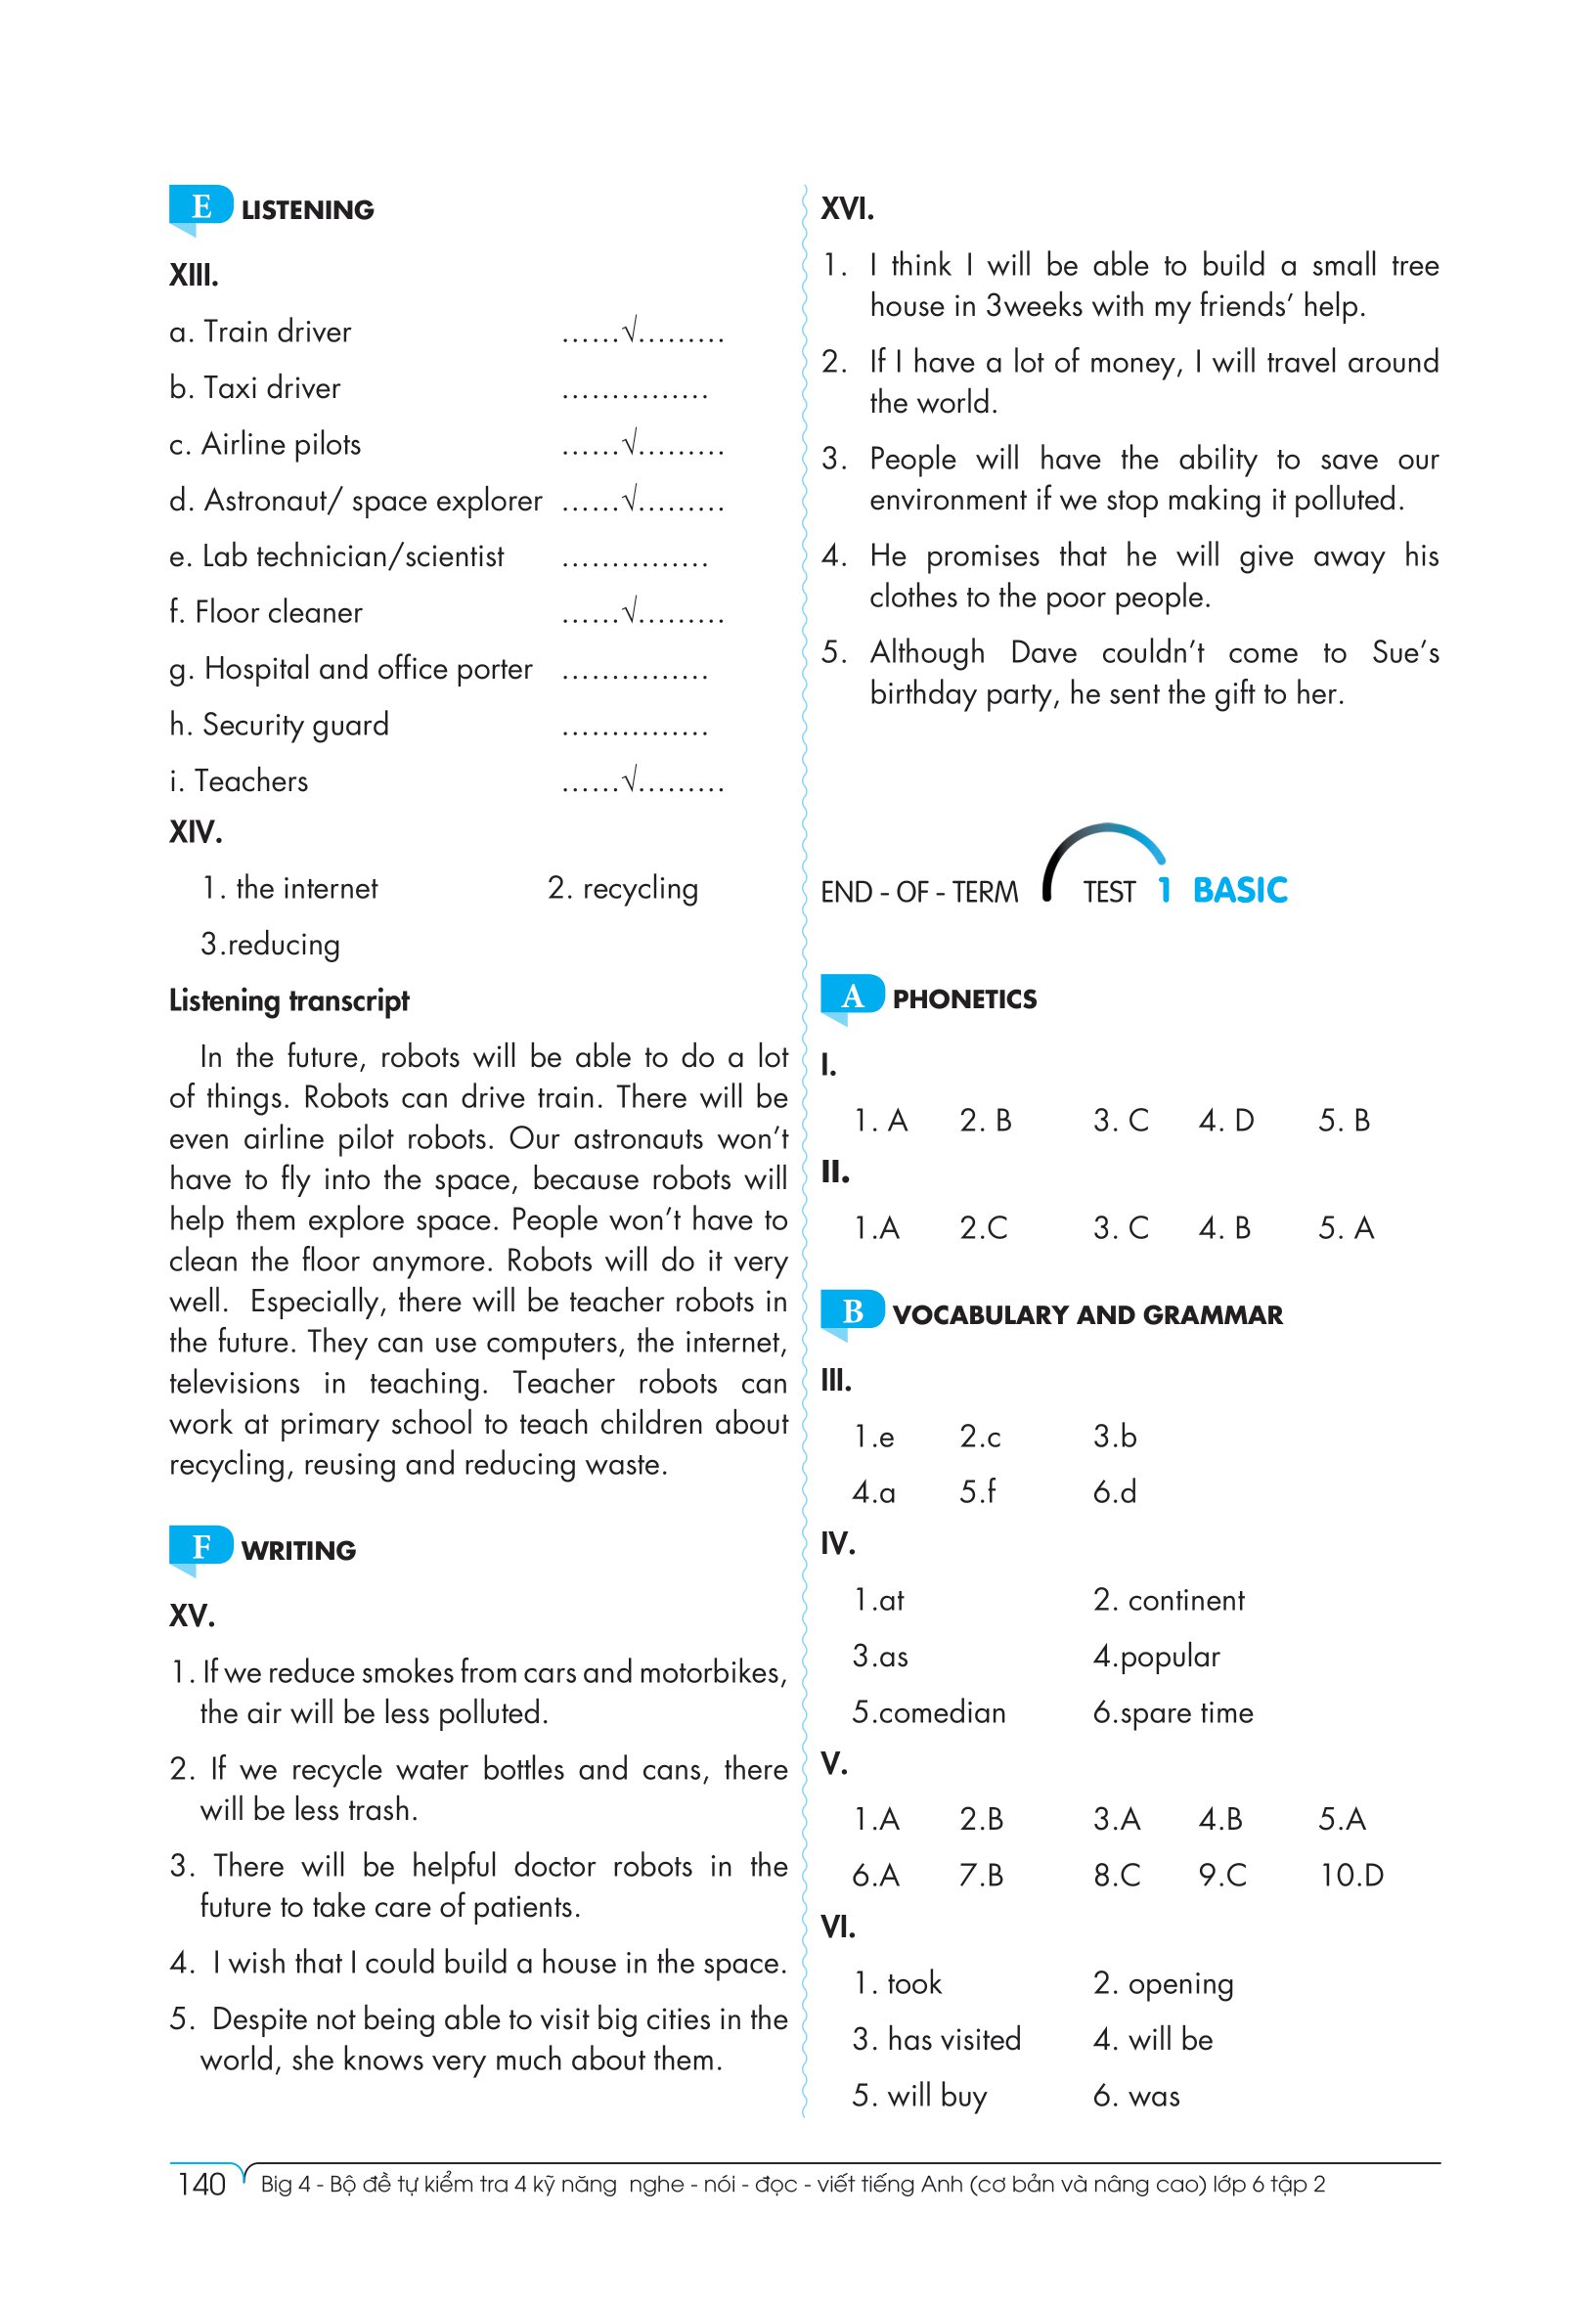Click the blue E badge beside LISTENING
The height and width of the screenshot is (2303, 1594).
[x=200, y=206]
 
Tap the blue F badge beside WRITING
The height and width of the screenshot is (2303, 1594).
[x=200, y=1547]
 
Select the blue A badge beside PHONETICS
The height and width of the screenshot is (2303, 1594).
[x=852, y=996]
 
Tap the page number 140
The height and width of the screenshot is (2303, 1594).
[x=201, y=2184]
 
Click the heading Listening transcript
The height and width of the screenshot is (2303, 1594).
[x=288, y=1000]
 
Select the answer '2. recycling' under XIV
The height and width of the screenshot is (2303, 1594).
[x=622, y=888]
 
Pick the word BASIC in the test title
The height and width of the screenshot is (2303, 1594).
[x=1239, y=890]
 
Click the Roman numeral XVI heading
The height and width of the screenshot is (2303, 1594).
[x=847, y=208]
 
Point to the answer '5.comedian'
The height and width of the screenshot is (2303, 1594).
[x=928, y=1712]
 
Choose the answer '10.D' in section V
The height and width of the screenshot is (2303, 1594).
[x=1351, y=1876]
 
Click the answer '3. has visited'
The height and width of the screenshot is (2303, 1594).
[x=936, y=2039]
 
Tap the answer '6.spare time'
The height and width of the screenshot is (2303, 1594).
[x=1173, y=1712]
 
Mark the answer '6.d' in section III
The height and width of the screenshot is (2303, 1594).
[x=1115, y=1492]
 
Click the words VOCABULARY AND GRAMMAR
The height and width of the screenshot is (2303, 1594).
[x=1087, y=1315]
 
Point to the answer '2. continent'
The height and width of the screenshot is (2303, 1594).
[x=1169, y=1601]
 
